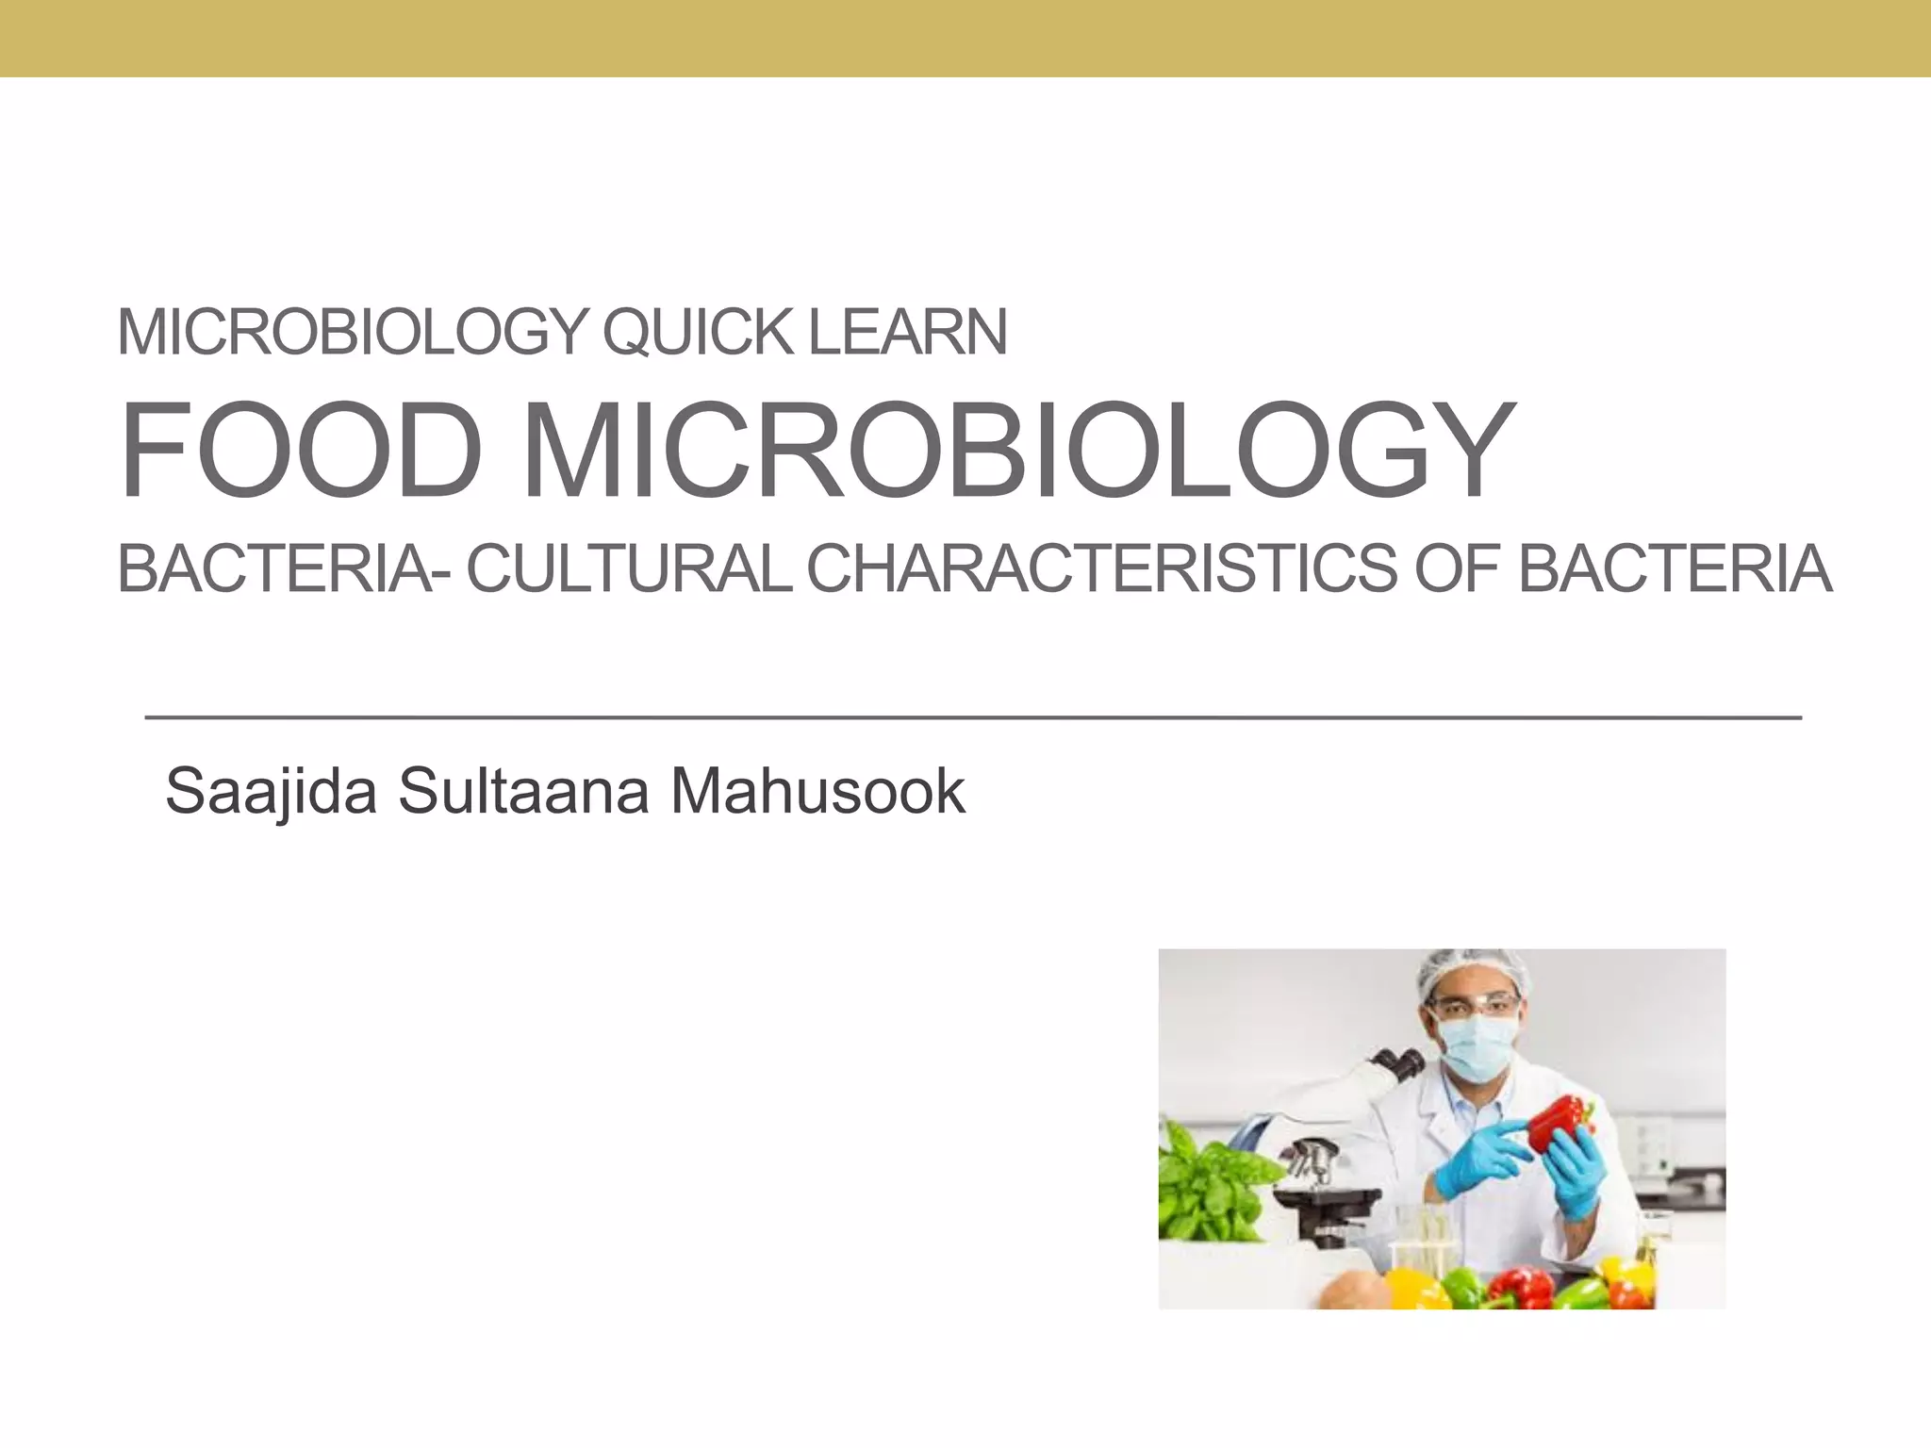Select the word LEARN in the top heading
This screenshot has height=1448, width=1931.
[x=908, y=333]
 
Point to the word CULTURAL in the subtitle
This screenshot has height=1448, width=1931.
[x=630, y=569]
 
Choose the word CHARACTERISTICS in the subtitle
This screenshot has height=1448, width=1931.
[x=1101, y=569]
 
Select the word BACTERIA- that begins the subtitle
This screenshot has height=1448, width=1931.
[x=276, y=569]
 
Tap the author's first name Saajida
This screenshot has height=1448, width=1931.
[x=271, y=792]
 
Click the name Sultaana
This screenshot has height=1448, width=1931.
[x=523, y=792]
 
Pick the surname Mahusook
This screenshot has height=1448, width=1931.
[x=817, y=792]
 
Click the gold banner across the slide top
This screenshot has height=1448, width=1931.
[x=965, y=38]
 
